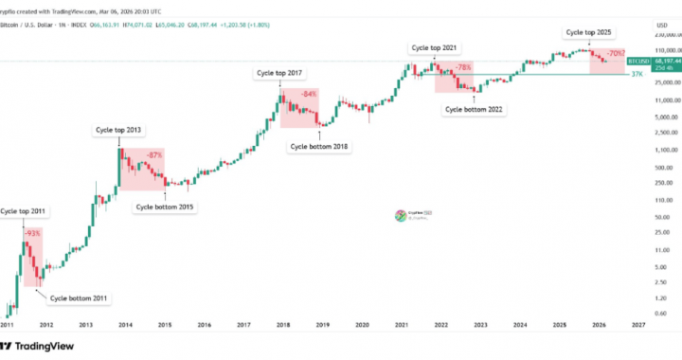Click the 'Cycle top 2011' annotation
24,210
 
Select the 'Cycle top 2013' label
119,129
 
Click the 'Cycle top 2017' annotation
280,72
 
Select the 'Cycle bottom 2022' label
474,110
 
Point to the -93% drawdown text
31,233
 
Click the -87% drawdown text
154,153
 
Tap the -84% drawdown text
309,95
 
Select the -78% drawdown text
464,68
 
